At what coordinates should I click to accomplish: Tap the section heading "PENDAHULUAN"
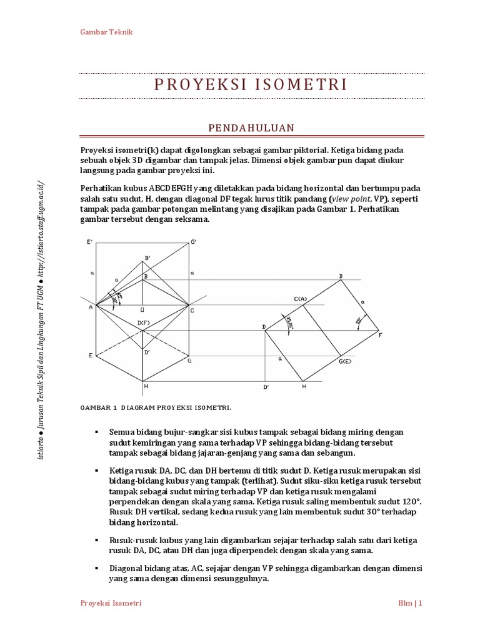tap(251, 127)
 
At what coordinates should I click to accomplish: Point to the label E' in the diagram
tap(91, 242)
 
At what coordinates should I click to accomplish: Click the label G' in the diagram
tap(194, 242)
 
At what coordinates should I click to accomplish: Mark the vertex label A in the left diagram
tap(90, 307)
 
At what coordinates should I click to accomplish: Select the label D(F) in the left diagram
tap(144, 322)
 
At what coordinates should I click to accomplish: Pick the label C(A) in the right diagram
tap(301, 299)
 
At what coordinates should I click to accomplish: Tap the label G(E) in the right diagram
tap(346, 361)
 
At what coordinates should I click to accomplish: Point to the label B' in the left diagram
tap(147, 257)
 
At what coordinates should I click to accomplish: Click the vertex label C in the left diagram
tap(192, 311)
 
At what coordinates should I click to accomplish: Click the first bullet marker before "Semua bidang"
tap(97, 432)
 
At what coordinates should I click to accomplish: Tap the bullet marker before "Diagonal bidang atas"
tap(97, 568)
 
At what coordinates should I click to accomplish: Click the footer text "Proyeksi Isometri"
tap(111, 603)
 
